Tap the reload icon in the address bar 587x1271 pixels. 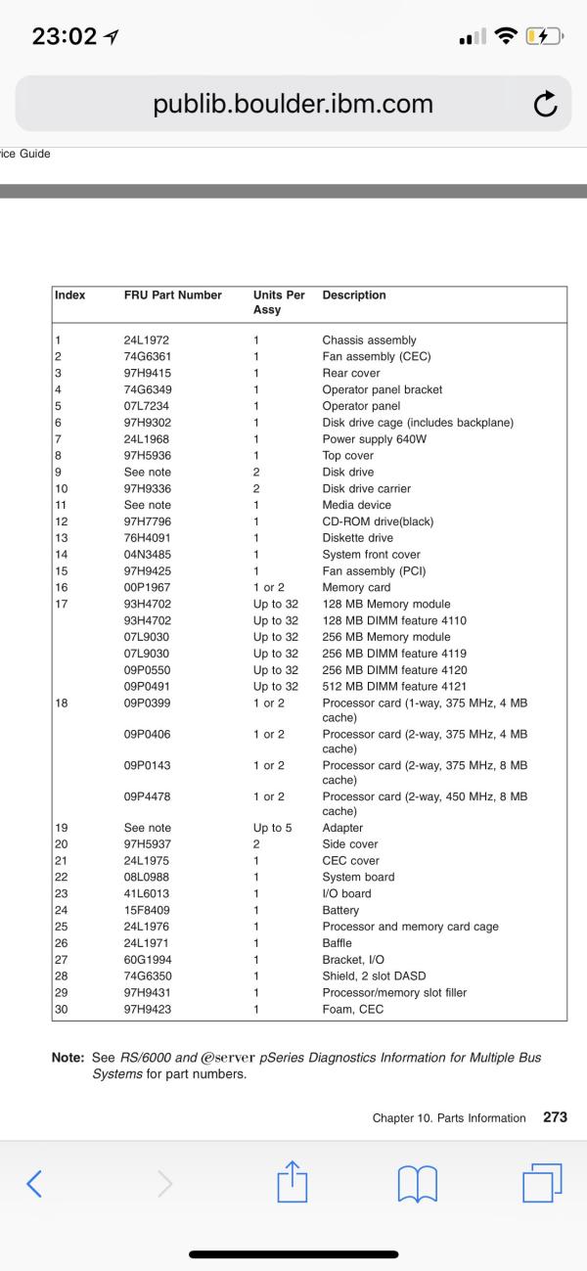[x=545, y=105]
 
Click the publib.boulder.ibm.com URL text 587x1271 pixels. [x=293, y=105]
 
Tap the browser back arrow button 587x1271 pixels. [x=34, y=1184]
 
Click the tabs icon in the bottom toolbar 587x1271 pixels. [x=542, y=1183]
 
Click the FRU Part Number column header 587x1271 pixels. [x=172, y=295]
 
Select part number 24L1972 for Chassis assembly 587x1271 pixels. [x=147, y=340]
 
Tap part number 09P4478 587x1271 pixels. [x=148, y=796]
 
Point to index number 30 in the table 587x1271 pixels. [x=62, y=1009]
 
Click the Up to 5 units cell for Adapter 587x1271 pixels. [x=272, y=828]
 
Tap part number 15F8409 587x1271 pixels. [x=147, y=910]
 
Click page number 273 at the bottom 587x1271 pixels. [x=555, y=1117]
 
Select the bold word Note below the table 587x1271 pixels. [x=68, y=1058]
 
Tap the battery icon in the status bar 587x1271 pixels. [x=541, y=37]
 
